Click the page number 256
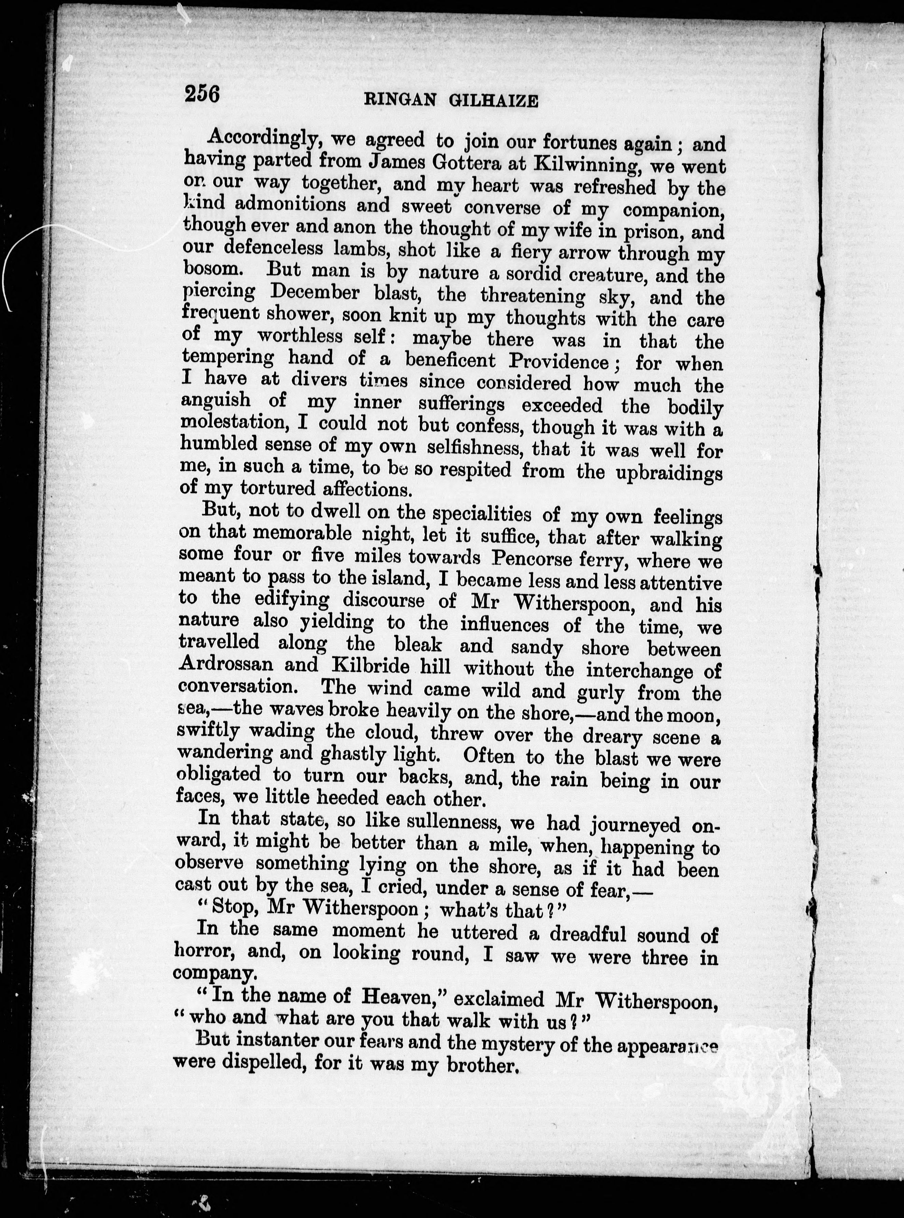click(x=202, y=94)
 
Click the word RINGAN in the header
click(x=400, y=100)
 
